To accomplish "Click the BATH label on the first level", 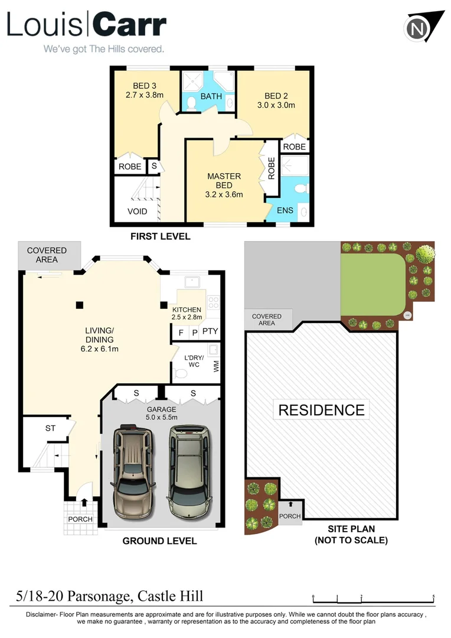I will (211, 96).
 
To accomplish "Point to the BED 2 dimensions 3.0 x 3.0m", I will (276, 106).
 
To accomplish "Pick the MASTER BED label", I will (224, 181).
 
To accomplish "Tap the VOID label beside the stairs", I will (138, 211).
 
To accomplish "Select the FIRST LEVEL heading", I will (161, 237).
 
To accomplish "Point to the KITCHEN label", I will (187, 310).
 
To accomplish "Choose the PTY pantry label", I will (210, 332).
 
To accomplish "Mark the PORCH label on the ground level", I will (80, 519).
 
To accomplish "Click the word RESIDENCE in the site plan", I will (321, 409).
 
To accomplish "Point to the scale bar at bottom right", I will (374, 597).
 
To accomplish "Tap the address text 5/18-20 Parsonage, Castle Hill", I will (110, 597).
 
